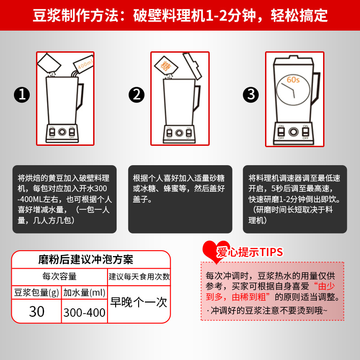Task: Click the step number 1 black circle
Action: pyautogui.click(x=22, y=95)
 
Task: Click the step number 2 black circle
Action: pyautogui.click(x=136, y=95)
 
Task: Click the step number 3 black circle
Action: pyautogui.click(x=251, y=95)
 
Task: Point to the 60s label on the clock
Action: pyautogui.click(x=293, y=81)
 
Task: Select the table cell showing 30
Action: pyautogui.click(x=36, y=311)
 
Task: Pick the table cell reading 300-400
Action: pyautogui.click(x=84, y=312)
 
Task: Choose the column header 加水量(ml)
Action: pyautogui.click(x=84, y=292)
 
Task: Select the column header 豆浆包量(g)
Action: pyautogui.click(x=36, y=292)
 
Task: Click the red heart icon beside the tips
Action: pyautogui.click(x=211, y=251)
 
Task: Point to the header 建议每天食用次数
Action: pyautogui.click(x=139, y=276)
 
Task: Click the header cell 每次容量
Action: pyautogui.click(x=59, y=276)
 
